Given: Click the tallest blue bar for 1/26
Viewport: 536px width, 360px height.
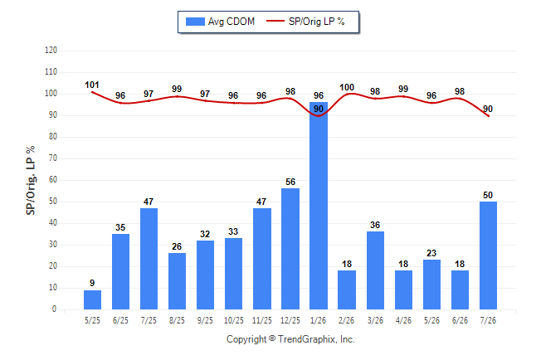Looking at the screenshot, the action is click(319, 206).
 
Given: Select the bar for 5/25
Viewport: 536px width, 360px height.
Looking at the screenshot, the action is click(92, 299).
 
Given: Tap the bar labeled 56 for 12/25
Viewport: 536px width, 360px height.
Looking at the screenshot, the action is click(290, 249).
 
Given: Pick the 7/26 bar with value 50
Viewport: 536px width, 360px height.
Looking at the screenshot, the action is click(488, 255).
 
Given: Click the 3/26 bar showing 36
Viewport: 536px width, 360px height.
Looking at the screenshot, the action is click(375, 270).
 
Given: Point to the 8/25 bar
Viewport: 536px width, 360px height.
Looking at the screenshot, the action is click(177, 281).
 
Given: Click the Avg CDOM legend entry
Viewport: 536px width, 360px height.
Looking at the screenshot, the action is click(220, 22).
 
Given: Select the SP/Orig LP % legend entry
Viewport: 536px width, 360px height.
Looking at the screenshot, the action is click(305, 22).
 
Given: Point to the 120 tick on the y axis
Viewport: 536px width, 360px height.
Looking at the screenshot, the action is click(51, 51).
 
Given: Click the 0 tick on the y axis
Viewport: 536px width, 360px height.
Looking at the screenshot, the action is click(54, 309).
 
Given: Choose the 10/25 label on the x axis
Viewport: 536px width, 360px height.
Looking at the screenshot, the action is click(233, 320).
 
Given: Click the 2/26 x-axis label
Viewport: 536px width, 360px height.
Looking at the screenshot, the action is click(346, 320).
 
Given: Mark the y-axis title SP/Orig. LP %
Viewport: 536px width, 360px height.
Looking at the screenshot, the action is click(31, 180).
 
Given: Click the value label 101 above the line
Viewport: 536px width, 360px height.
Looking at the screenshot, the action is click(92, 85).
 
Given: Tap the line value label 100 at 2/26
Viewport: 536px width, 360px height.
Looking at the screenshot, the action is click(347, 88).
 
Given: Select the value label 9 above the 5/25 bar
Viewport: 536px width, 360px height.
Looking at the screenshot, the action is click(92, 283).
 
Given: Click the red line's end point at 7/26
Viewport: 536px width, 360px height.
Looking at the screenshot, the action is click(488, 116).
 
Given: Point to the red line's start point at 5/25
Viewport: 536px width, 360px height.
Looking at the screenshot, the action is click(92, 92).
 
